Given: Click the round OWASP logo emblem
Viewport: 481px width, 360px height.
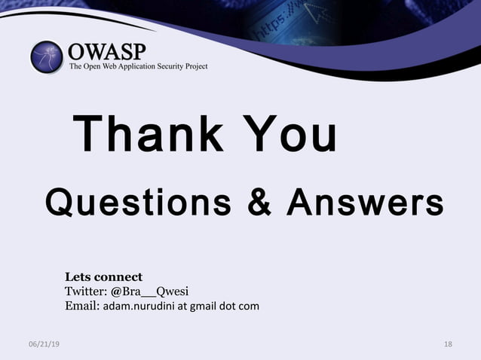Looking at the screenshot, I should (47, 57).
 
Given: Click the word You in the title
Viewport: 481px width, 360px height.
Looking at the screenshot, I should (291, 135).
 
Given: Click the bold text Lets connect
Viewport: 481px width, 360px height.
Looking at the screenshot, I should (103, 276).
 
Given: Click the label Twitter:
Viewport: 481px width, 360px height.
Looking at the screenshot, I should (86, 291).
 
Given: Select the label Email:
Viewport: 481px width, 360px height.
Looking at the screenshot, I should (81, 306).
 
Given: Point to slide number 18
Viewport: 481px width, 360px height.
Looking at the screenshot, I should (449, 344).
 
